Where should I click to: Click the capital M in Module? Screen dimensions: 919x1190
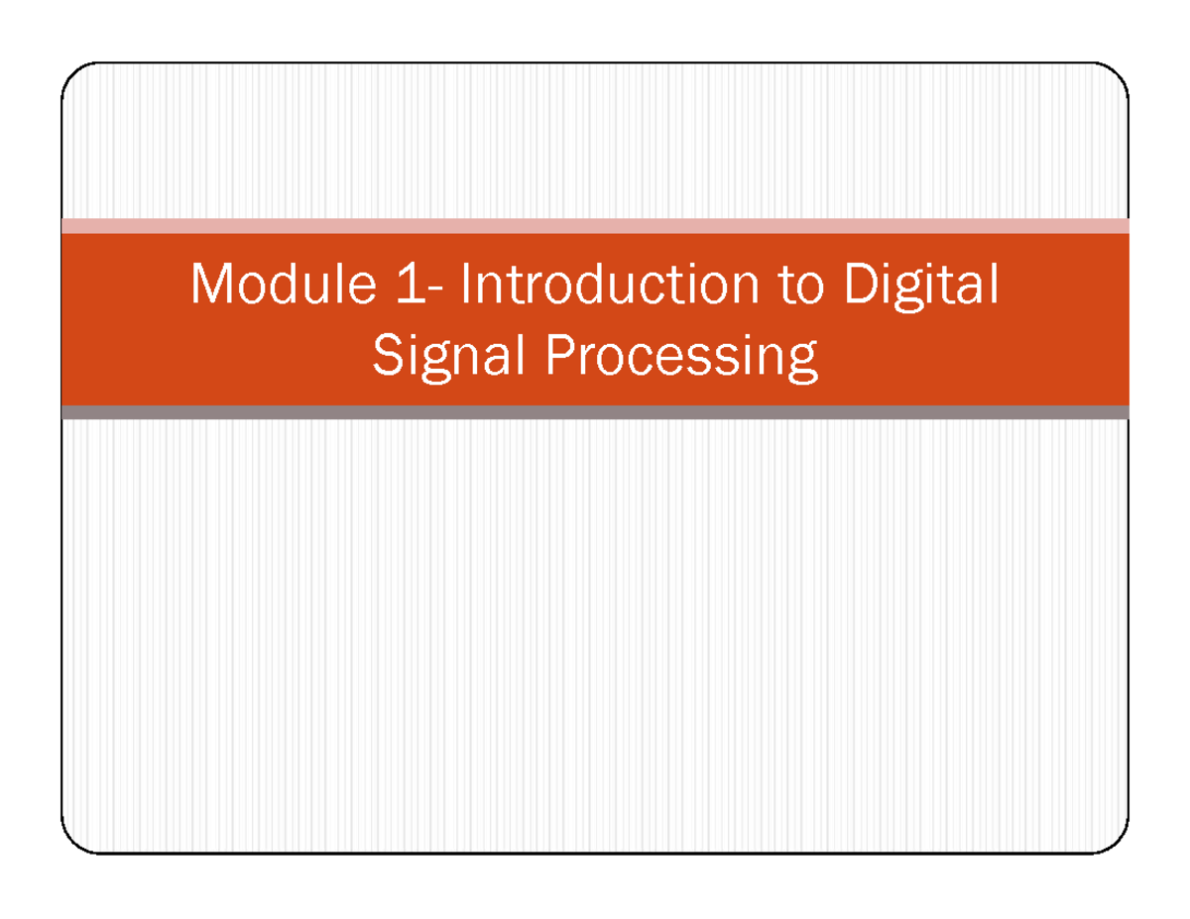(x=211, y=286)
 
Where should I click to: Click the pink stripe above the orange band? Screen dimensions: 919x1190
(x=595, y=226)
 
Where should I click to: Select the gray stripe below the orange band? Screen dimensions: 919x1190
(x=595, y=412)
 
